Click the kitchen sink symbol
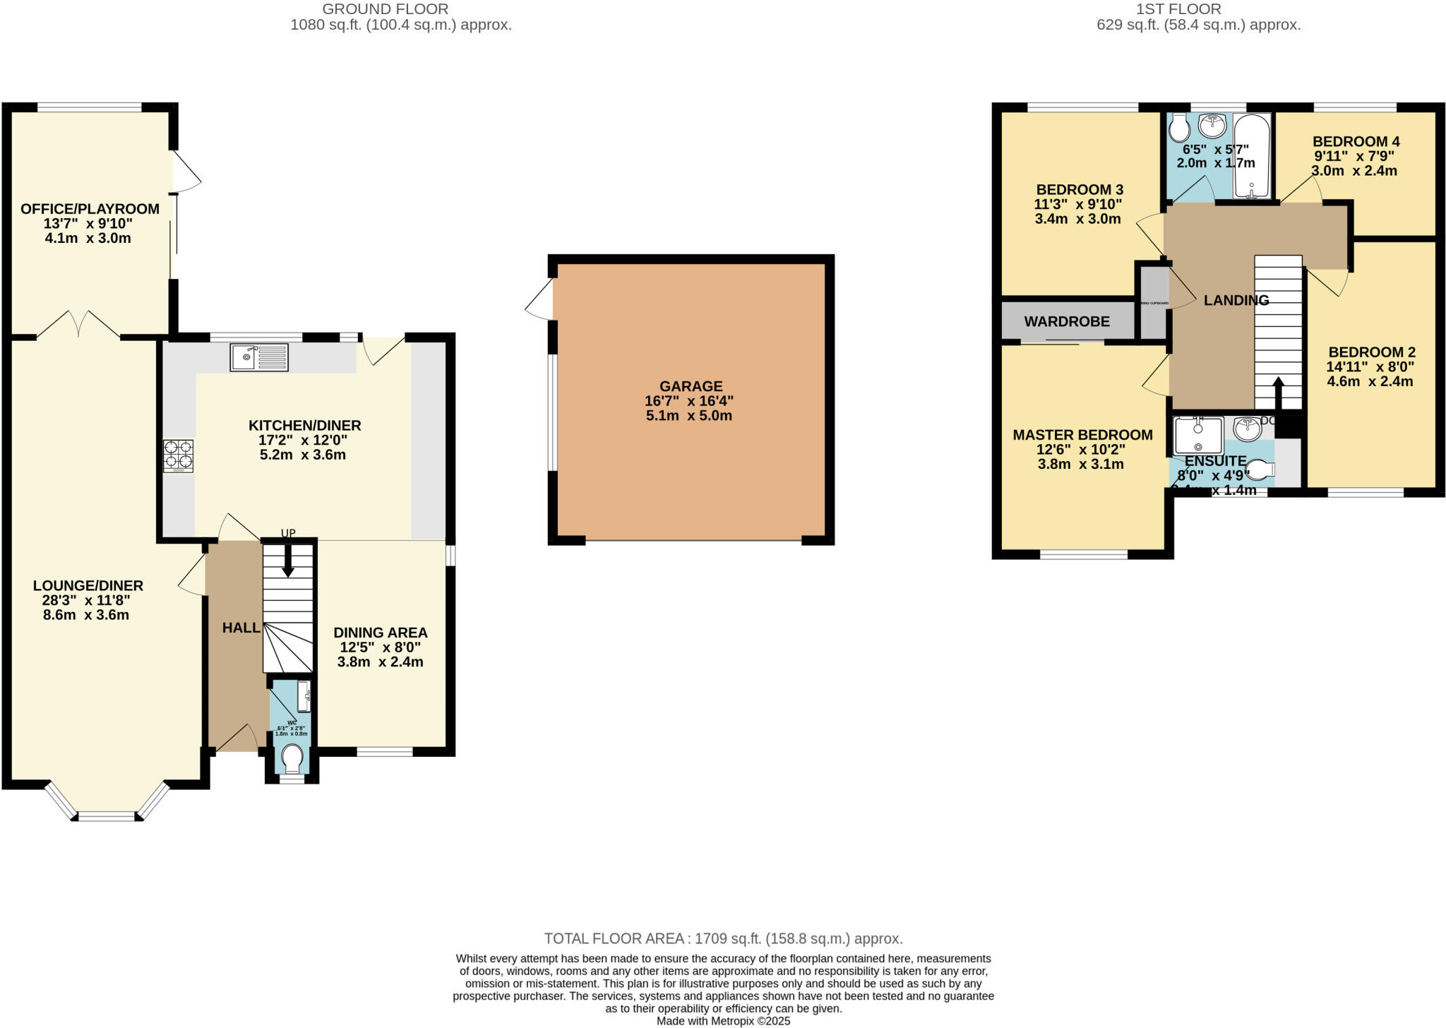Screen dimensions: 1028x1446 (x=259, y=357)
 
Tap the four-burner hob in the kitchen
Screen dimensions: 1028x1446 (x=178, y=455)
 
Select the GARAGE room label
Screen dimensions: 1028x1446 (x=691, y=386)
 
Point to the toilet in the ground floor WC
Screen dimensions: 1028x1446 (x=292, y=760)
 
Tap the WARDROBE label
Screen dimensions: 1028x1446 (x=1066, y=322)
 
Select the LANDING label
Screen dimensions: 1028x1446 (x=1236, y=300)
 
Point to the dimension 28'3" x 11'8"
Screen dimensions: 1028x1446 (x=86, y=600)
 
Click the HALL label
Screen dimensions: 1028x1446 (x=241, y=628)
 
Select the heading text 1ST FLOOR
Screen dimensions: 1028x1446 (x=1198, y=9)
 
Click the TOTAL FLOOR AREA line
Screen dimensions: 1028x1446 (x=723, y=938)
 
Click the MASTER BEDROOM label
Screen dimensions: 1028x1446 (x=1082, y=435)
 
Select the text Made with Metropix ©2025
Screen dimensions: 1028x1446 (x=723, y=1021)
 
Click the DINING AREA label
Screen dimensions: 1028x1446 (x=380, y=633)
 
